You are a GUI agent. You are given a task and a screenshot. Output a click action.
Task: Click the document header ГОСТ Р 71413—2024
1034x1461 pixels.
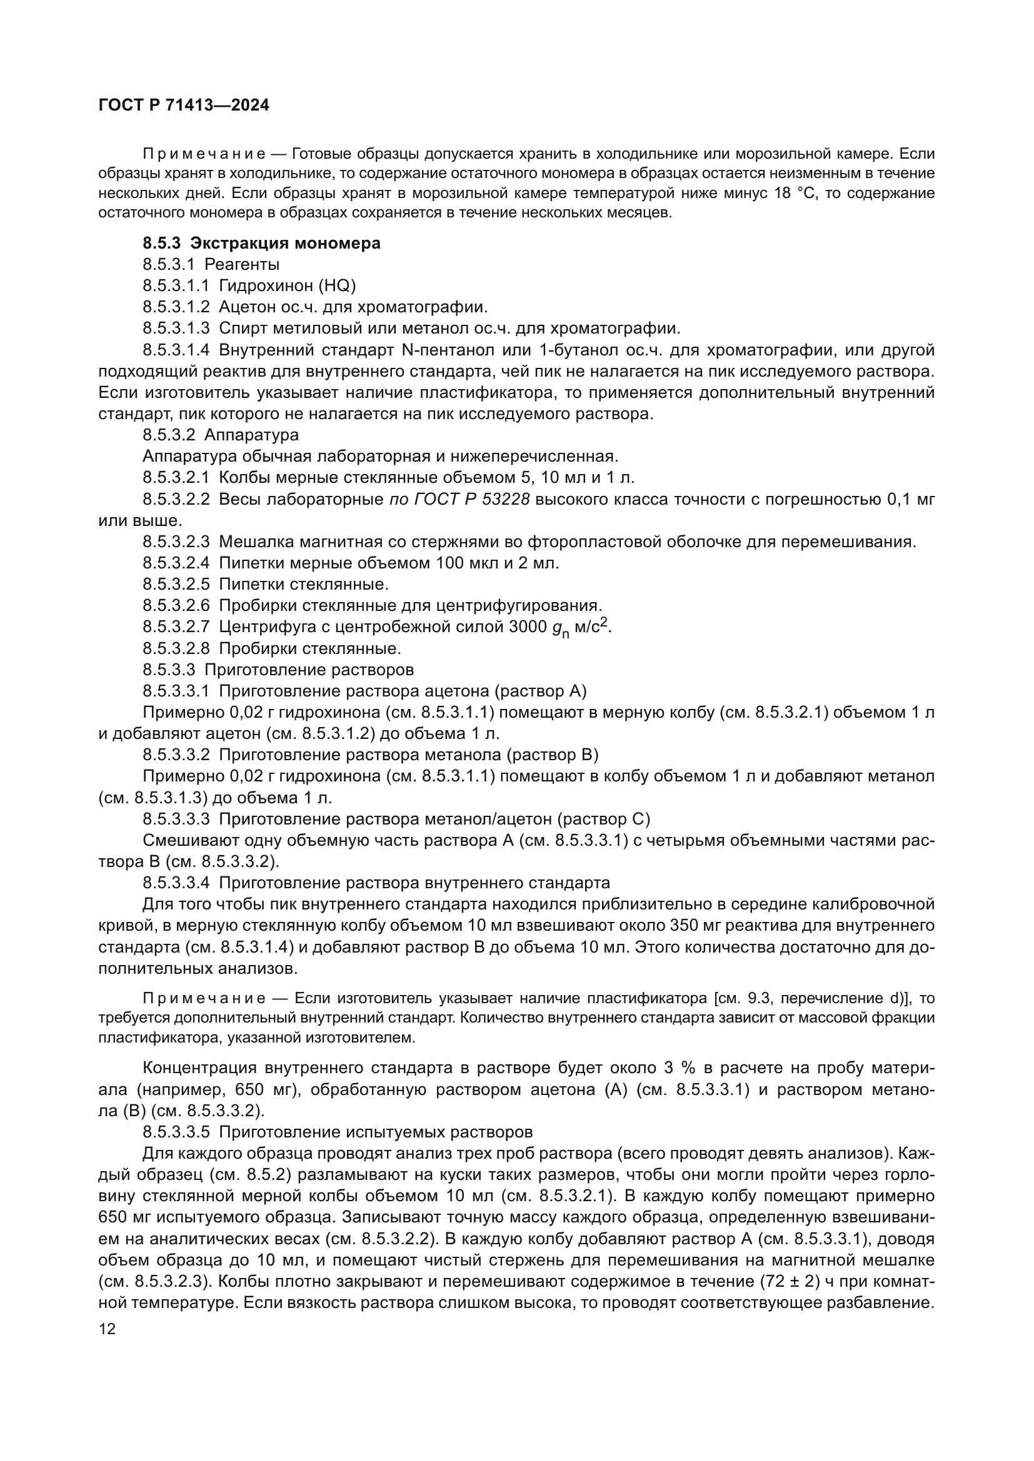coord(184,106)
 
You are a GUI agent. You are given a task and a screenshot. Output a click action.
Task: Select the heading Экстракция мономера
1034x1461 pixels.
coord(285,243)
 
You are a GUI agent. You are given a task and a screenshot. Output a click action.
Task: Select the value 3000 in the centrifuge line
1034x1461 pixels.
coord(528,627)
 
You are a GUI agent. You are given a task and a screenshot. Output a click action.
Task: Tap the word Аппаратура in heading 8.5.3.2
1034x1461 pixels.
coord(251,435)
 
